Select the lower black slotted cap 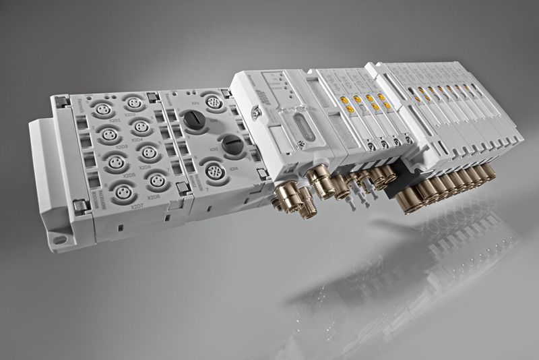click(231, 144)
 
